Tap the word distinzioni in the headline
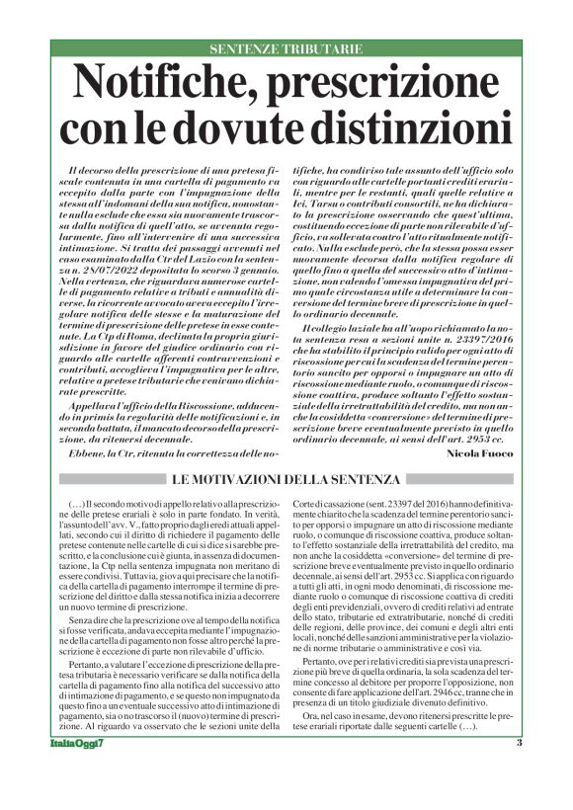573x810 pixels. pyautogui.click(x=397, y=127)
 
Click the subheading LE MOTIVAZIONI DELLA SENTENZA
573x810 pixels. pyautogui.click(x=286, y=479)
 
